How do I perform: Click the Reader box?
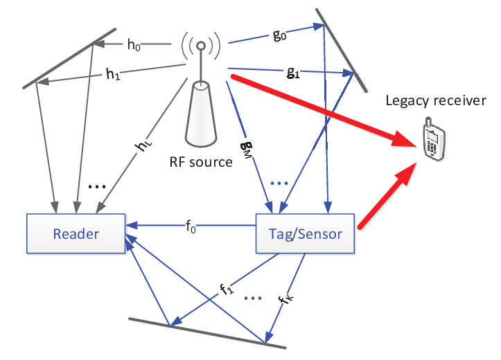(76, 233)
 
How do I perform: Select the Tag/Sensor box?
(305, 233)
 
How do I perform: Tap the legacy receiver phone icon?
(433, 138)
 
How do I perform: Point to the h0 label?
(134, 45)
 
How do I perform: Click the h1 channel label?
(113, 74)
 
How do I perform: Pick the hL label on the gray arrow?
(143, 146)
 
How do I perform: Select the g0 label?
(279, 35)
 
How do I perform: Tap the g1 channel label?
(293, 73)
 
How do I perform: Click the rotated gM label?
(247, 151)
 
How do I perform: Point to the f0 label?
(191, 227)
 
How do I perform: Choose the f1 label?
(227, 289)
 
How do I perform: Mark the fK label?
(285, 298)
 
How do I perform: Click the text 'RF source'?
(201, 162)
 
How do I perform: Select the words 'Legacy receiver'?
(436, 100)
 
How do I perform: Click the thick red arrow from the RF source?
(324, 111)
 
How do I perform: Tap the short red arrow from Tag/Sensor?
(388, 195)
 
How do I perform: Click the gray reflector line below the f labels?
(207, 333)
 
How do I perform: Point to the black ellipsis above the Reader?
(96, 186)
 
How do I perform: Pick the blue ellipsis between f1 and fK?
(253, 298)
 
